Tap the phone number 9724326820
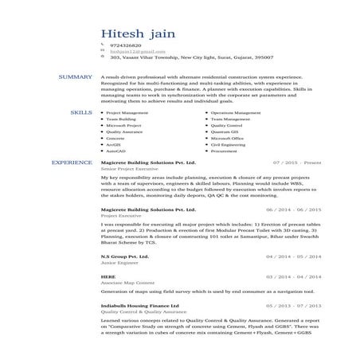coord(125,46)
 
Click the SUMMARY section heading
coord(76,76)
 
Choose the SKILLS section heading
coord(81,113)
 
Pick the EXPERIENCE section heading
coord(71,162)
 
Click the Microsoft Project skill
coord(123,126)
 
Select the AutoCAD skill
coord(116,151)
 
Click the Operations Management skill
coord(236,113)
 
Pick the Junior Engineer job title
coord(117,264)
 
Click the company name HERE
coord(108,276)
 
